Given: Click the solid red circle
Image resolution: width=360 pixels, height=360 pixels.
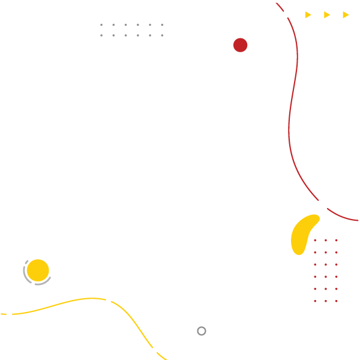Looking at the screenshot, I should pos(240,45).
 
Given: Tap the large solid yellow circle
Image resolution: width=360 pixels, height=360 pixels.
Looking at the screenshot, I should pos(38,271).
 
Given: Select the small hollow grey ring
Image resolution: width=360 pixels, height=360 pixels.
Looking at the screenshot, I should pos(202,331).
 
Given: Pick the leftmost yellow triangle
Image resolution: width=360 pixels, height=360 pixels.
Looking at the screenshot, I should pos(308,15).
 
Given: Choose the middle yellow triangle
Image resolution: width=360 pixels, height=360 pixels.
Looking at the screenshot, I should pos(327,15).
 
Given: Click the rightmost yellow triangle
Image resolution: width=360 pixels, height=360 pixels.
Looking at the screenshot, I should pos(346,15).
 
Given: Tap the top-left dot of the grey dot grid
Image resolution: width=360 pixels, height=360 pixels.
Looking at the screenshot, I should pos(101,25).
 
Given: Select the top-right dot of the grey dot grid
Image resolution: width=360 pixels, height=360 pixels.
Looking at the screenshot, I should pos(162,25).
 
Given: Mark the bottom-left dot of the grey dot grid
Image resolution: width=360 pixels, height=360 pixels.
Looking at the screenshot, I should pos(101,35).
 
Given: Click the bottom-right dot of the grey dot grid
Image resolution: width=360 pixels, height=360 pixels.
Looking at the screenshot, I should pos(162,35).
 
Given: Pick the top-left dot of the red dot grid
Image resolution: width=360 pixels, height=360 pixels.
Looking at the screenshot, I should pos(315,241).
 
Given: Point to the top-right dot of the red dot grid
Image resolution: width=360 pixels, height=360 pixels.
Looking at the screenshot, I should pos(336,241).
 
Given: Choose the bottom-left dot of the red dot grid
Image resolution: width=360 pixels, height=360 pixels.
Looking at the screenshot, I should pos(315,301).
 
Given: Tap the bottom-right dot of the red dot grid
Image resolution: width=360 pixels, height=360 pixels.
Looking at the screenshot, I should pos(336,301).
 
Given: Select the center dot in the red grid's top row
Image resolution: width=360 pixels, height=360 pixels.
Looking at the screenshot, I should pos(326,241).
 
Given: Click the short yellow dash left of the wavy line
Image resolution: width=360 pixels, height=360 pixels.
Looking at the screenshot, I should pos(4,314).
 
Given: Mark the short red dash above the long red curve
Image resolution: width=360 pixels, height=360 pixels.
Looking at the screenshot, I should pos(280,7).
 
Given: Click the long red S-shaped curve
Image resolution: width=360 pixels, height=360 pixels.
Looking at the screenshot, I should pos(290,120).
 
